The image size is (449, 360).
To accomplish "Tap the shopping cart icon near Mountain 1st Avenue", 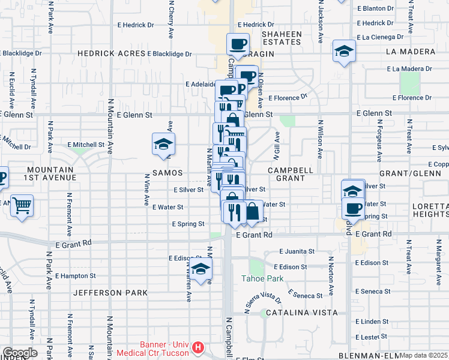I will pyautogui.click(x=22, y=206).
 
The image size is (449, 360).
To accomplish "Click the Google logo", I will pyautogui.click(x=20, y=353).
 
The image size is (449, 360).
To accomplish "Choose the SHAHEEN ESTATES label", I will pyautogui.click(x=282, y=38).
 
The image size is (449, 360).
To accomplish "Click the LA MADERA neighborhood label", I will pyautogui.click(x=411, y=52).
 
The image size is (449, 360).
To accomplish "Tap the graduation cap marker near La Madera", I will pyautogui.click(x=345, y=52).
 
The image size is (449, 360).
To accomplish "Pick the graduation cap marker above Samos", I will pyautogui.click(x=163, y=144).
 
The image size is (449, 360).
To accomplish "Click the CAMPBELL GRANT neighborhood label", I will pyautogui.click(x=291, y=174).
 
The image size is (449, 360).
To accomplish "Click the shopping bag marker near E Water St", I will pyautogui.click(x=253, y=211).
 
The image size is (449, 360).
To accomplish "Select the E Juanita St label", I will pyautogui.click(x=297, y=251).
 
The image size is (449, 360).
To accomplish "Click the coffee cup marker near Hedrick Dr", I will pyautogui.click(x=238, y=43).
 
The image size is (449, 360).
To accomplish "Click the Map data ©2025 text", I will pyautogui.click(x=423, y=355).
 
